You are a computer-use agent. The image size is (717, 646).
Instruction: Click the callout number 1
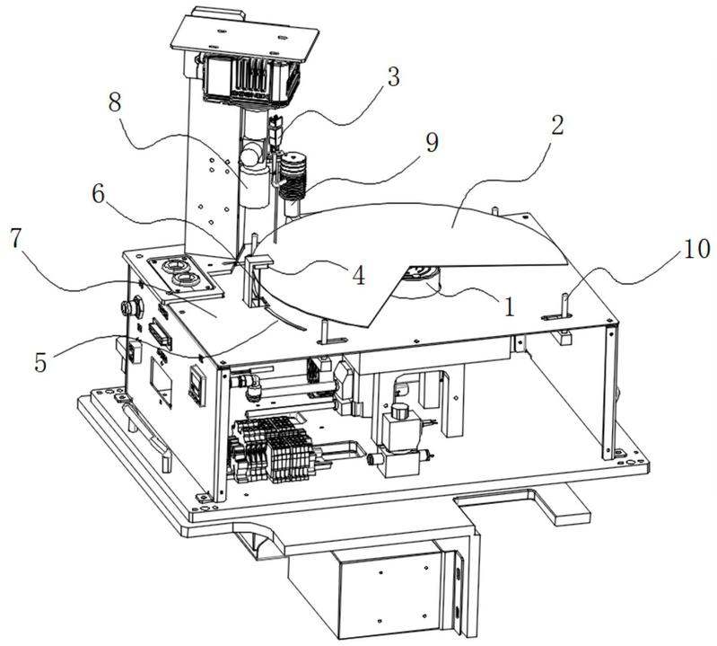click(x=509, y=307)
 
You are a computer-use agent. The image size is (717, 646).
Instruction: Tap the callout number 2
click(x=556, y=124)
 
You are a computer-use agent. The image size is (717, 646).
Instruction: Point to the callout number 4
click(x=359, y=276)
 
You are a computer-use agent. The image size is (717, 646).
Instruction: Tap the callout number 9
click(x=433, y=142)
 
